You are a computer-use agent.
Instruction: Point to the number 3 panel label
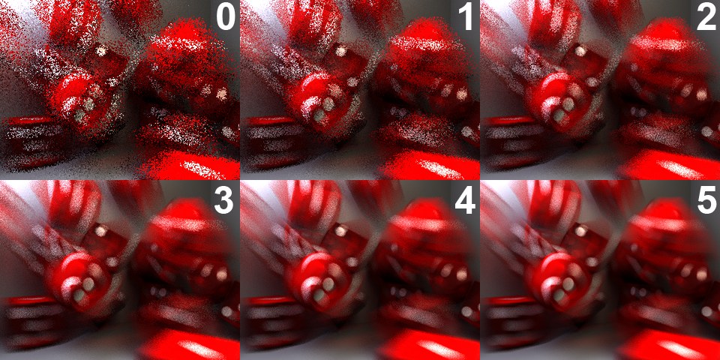tap(225, 199)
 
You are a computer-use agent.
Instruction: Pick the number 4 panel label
tap(465, 199)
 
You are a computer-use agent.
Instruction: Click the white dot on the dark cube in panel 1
tap(340, 51)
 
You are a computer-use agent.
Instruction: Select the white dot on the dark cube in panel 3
tap(100, 231)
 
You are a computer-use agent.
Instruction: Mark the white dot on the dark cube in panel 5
tap(580, 231)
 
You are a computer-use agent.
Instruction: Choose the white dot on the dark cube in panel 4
tap(340, 231)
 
